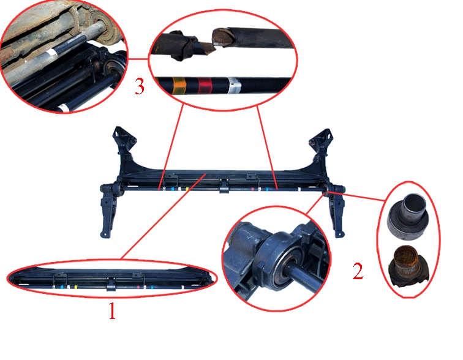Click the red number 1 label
(112, 311)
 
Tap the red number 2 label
(358, 271)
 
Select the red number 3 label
(140, 86)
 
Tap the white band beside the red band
(235, 85)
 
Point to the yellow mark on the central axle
(187, 189)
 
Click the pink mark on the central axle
(252, 189)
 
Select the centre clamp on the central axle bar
(224, 187)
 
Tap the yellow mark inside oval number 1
(76, 287)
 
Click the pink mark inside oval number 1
(138, 287)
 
